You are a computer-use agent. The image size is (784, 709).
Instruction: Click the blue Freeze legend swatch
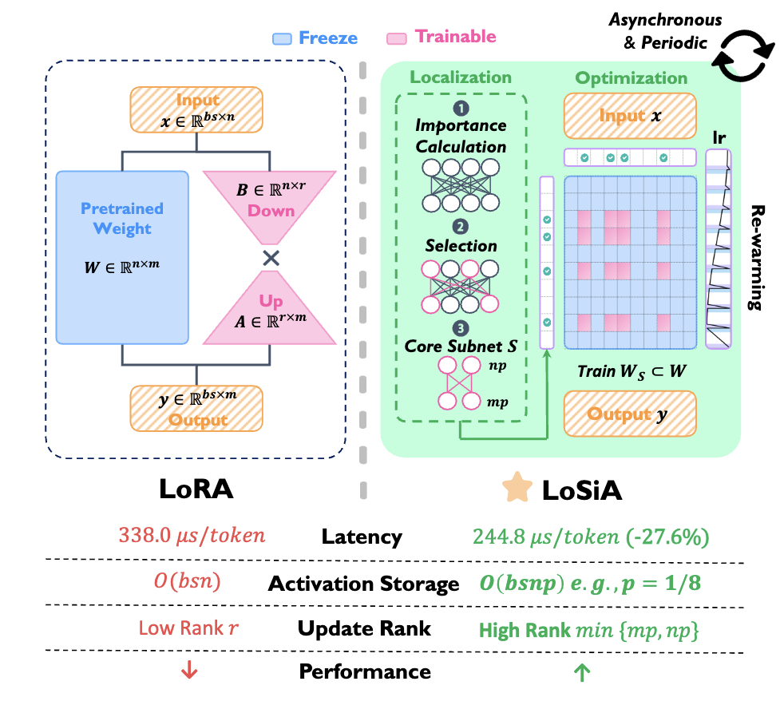(x=282, y=38)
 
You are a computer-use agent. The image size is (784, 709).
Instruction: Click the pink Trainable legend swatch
(x=397, y=38)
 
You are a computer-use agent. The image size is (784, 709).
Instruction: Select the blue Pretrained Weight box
(x=121, y=256)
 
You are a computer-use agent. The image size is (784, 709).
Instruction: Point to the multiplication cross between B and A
(x=271, y=258)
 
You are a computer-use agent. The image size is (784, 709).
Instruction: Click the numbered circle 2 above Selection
(x=461, y=225)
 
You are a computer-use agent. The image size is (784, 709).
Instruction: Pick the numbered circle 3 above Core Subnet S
(x=461, y=327)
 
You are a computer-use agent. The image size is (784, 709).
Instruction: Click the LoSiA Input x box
(x=629, y=117)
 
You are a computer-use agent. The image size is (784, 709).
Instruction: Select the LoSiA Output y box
(x=629, y=414)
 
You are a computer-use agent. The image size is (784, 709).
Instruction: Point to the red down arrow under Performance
(x=188, y=671)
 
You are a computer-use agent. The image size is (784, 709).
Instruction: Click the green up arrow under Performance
(x=581, y=672)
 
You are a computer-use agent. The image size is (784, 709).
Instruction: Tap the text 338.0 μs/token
(x=190, y=536)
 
